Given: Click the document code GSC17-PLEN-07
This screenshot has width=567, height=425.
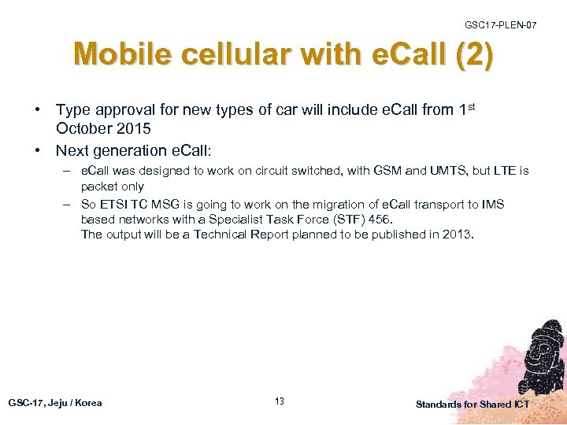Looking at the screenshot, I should (501, 25).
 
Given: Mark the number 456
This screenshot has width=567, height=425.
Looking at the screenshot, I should (376, 220).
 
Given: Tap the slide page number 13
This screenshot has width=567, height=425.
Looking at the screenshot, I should (280, 402).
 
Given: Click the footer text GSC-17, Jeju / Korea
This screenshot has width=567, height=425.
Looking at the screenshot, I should (55, 403).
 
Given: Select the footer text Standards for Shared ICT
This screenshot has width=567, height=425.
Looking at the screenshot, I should (472, 404).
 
